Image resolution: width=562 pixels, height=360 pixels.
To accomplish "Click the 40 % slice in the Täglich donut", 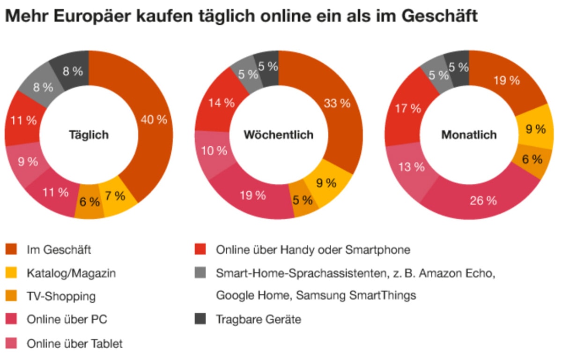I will coord(154,120).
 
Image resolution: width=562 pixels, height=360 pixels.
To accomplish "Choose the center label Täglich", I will coord(89,135).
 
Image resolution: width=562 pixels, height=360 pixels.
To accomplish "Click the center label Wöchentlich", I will coord(278,135).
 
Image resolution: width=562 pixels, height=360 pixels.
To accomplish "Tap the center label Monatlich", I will coord(468,135).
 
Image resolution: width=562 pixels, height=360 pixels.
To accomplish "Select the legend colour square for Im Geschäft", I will coord(11,249).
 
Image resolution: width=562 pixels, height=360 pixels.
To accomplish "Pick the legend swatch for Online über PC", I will coord(11,320).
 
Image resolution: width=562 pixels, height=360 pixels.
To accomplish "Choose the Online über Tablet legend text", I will coord(75,344).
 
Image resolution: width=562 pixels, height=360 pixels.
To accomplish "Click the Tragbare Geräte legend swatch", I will coord(200,320).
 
